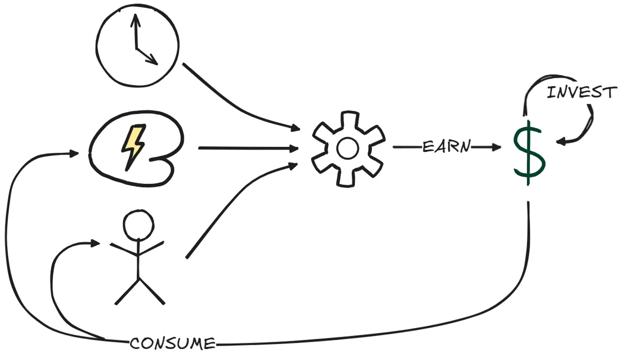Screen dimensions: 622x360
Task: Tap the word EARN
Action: tap(446, 146)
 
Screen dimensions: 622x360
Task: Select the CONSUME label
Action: tap(172, 344)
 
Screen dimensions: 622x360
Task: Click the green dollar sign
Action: tap(529, 152)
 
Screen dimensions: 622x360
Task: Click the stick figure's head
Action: tap(139, 225)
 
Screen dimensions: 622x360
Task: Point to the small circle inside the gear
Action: tap(348, 148)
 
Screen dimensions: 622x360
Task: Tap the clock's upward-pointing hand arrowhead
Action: tap(135, 20)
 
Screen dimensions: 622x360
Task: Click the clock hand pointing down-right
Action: tap(147, 57)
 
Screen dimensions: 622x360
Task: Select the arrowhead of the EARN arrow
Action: tap(496, 147)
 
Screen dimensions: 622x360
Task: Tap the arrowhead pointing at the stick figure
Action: tap(95, 243)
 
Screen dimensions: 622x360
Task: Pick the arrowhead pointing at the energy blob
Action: tap(74, 153)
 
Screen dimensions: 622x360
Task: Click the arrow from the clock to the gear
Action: tap(236, 106)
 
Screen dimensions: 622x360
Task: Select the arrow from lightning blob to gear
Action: tap(248, 148)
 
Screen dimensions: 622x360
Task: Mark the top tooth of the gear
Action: tap(349, 118)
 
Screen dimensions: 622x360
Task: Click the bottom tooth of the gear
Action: tap(346, 179)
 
